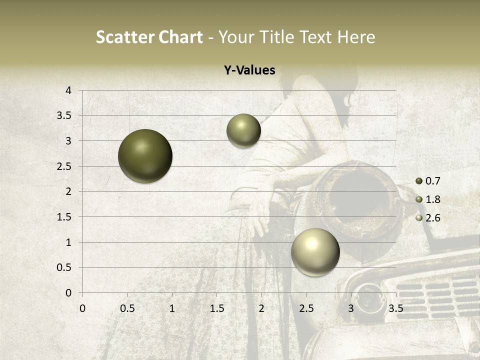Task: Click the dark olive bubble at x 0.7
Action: click(x=145, y=156)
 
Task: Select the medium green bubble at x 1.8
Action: click(x=243, y=130)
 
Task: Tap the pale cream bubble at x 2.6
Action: click(x=315, y=252)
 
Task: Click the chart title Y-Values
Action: click(x=249, y=70)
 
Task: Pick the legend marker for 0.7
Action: click(x=419, y=181)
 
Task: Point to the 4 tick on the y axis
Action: click(x=69, y=90)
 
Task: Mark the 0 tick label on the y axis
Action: click(x=69, y=293)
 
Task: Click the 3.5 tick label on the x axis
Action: click(x=395, y=308)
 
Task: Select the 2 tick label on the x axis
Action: click(x=261, y=308)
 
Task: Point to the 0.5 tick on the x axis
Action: click(x=127, y=308)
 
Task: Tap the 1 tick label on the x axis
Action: click(x=172, y=308)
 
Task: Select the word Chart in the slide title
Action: click(x=180, y=37)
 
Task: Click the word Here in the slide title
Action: click(x=356, y=37)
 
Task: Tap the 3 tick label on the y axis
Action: click(x=69, y=141)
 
